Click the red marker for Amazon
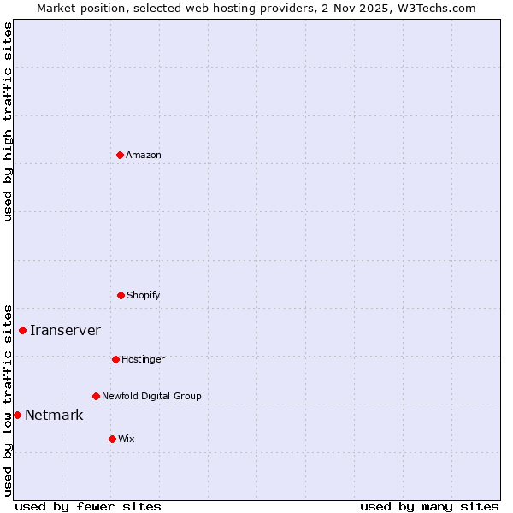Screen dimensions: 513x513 pos(120,155)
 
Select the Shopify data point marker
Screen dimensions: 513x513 pos(121,295)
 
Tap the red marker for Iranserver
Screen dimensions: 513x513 pos(22,330)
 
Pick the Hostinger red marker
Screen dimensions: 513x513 pos(115,359)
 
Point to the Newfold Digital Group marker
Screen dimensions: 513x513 pos(96,396)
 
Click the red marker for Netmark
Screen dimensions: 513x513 pos(17,415)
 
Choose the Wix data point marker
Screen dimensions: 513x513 pos(112,439)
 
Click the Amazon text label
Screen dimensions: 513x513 pos(144,155)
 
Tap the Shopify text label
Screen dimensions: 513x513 pos(144,295)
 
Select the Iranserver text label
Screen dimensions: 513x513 pos(65,330)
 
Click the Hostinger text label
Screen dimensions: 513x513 pos(143,359)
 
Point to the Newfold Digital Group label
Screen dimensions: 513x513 pos(151,396)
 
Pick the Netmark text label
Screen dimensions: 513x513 pos(54,416)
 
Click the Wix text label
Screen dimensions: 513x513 pos(127,439)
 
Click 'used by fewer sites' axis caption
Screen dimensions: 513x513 pos(88,506)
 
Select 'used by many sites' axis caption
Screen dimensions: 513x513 pos(429,506)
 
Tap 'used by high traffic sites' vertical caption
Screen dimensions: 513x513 pos(8,121)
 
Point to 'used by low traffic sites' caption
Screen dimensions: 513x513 pos(8,399)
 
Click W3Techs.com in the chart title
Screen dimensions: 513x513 pos(434,8)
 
